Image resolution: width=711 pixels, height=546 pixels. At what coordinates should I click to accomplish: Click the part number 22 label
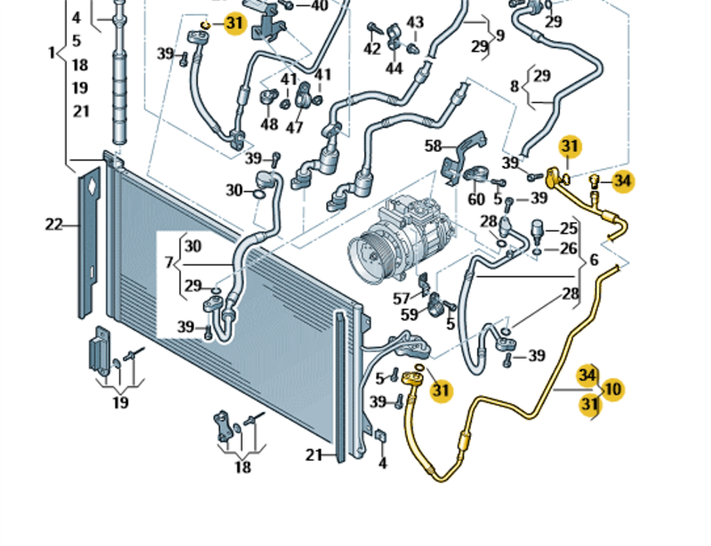pos(54,225)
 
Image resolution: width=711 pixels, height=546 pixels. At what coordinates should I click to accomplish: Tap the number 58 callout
pos(433,146)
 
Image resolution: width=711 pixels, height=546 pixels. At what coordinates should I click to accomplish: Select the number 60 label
pos(477,199)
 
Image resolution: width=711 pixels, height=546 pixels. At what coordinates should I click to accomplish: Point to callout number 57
pos(402,297)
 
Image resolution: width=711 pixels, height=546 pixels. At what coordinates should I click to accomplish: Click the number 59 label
pos(409,314)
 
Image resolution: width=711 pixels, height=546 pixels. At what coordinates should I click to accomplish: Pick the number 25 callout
pos(568,228)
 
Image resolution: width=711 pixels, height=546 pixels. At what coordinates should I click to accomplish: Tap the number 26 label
pos(568,249)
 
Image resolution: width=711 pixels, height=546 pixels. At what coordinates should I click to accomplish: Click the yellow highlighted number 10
pos(612,389)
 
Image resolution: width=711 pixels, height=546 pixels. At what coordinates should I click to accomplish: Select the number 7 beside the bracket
pos(169,264)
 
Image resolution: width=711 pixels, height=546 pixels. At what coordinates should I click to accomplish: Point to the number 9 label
pos(500,36)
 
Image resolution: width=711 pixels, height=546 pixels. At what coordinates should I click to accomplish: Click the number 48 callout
pos(269,125)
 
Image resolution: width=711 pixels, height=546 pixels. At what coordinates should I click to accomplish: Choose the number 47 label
pos(295,127)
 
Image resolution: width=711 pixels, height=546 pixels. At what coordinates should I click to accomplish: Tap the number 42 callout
pos(371,50)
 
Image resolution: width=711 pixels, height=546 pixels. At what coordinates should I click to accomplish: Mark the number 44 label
pos(394,68)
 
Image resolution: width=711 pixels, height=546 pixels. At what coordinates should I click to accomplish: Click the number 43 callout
pos(415,22)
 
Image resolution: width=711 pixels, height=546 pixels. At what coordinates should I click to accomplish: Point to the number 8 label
pos(515,86)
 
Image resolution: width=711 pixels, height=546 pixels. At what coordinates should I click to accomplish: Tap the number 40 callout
pos(318,5)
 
